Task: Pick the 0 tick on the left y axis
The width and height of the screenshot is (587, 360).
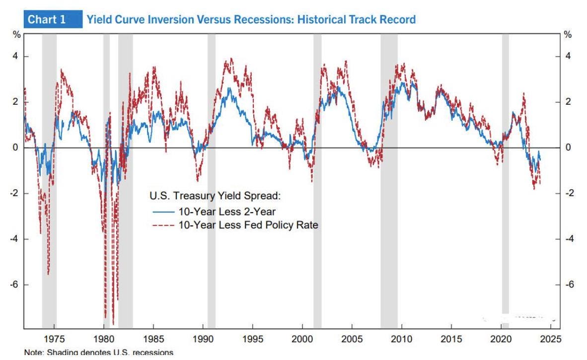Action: pyautogui.click(x=15, y=147)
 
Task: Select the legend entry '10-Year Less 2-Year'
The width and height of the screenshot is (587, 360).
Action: pyautogui.click(x=226, y=212)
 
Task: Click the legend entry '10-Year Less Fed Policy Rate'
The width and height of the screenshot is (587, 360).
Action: pyautogui.click(x=248, y=225)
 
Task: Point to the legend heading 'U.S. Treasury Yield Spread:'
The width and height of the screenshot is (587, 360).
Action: pyautogui.click(x=216, y=196)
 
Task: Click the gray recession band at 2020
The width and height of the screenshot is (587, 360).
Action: pyautogui.click(x=505, y=174)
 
